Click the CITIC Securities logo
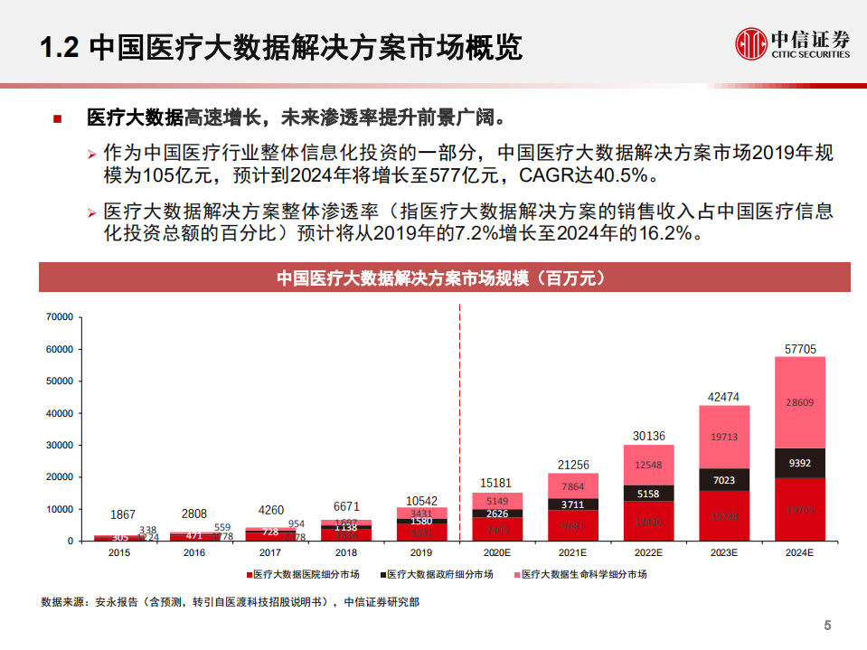792,43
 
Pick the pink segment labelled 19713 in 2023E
724,437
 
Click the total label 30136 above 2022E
648,435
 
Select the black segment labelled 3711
573,504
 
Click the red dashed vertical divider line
460,425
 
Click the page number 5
826,626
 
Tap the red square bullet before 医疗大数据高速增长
58,118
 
